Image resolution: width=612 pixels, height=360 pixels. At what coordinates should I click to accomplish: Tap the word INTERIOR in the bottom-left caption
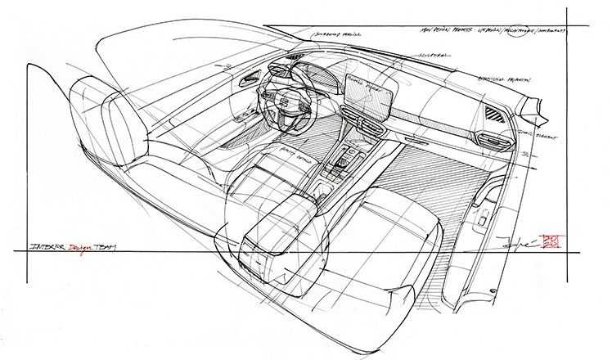47,246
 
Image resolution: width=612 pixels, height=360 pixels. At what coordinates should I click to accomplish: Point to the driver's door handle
246,82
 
